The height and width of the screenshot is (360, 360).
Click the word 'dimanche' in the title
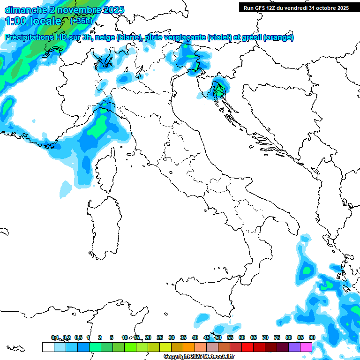(x=24, y=10)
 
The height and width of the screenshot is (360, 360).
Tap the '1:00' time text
(x=17, y=21)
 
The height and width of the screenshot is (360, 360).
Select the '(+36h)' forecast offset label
(x=82, y=21)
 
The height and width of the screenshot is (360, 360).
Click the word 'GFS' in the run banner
(x=259, y=8)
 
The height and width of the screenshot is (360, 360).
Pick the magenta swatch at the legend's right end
(x=306, y=347)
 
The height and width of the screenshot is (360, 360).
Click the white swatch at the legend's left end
(x=48, y=347)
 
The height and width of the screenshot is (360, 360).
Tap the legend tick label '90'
(x=312, y=337)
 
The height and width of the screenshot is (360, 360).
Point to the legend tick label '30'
(x=172, y=337)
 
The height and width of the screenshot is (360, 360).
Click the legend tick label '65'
(x=254, y=337)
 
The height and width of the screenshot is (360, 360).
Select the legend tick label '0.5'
(x=78, y=337)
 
